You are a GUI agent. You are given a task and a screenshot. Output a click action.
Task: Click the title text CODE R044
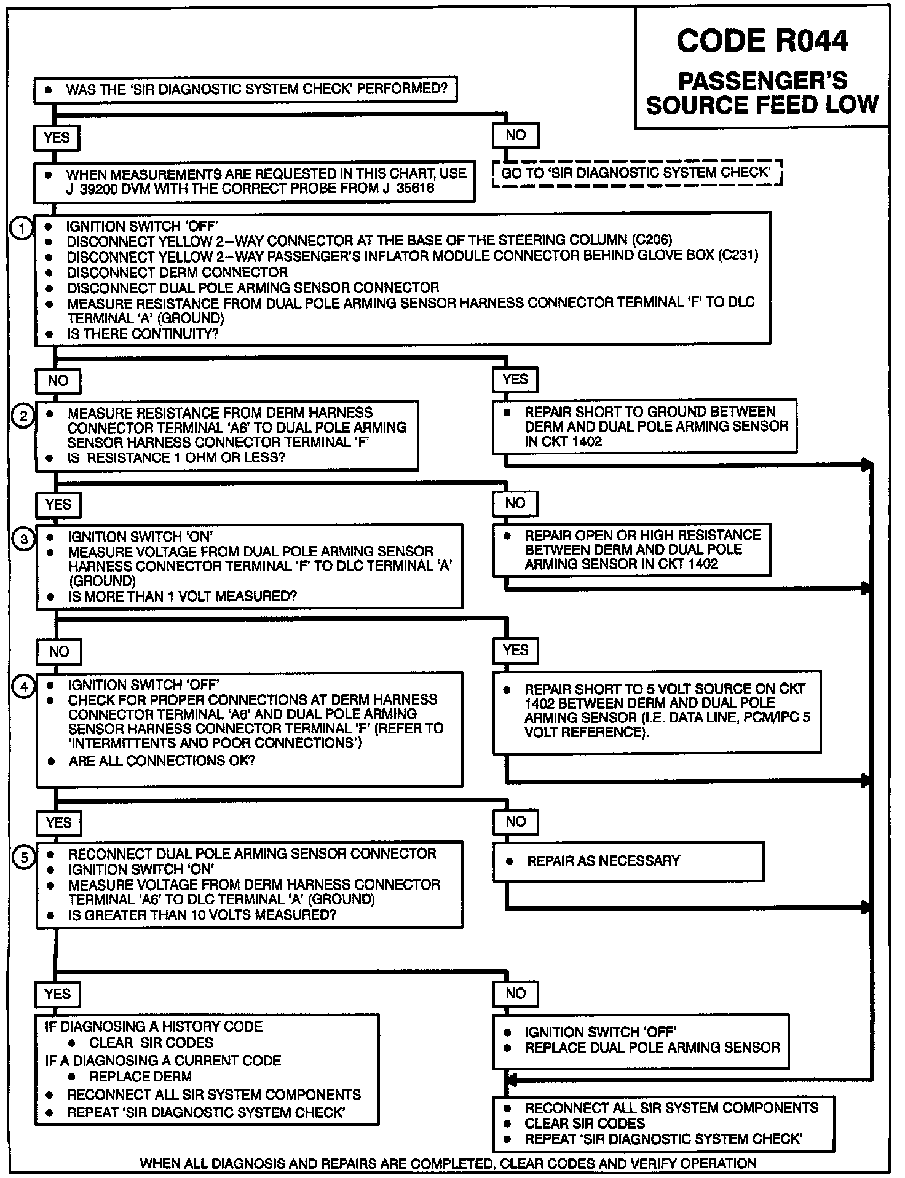(762, 42)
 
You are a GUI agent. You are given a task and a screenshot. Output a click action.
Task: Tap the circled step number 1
(22, 229)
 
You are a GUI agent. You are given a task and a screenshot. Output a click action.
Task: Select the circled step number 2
(23, 416)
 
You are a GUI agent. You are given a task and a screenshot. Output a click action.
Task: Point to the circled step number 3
(24, 540)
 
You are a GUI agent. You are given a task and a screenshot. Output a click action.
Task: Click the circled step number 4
(24, 687)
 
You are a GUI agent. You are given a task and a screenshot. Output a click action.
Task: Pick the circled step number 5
(24, 857)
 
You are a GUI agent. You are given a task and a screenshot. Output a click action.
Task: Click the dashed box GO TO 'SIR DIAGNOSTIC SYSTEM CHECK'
(636, 173)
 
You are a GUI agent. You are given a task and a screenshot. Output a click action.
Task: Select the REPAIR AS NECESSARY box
(628, 861)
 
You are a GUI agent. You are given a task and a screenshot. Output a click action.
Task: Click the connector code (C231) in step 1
(738, 255)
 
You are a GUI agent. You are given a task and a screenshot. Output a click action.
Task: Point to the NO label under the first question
(515, 135)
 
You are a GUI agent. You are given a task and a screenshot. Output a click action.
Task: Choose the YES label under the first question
(57, 137)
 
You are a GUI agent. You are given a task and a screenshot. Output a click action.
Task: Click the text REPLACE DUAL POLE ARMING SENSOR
(652, 1047)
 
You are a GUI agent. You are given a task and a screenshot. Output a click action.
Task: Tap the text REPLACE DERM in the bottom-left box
(140, 1076)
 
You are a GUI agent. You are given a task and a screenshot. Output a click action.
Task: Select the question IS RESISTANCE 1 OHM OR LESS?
(176, 458)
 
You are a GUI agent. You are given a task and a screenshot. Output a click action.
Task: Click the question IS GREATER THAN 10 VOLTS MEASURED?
(202, 915)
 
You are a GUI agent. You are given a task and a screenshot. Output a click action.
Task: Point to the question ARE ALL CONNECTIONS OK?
(162, 761)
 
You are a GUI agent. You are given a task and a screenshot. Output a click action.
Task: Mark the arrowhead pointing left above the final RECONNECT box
(510, 1080)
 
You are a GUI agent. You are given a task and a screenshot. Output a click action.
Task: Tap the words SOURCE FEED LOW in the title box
(762, 105)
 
